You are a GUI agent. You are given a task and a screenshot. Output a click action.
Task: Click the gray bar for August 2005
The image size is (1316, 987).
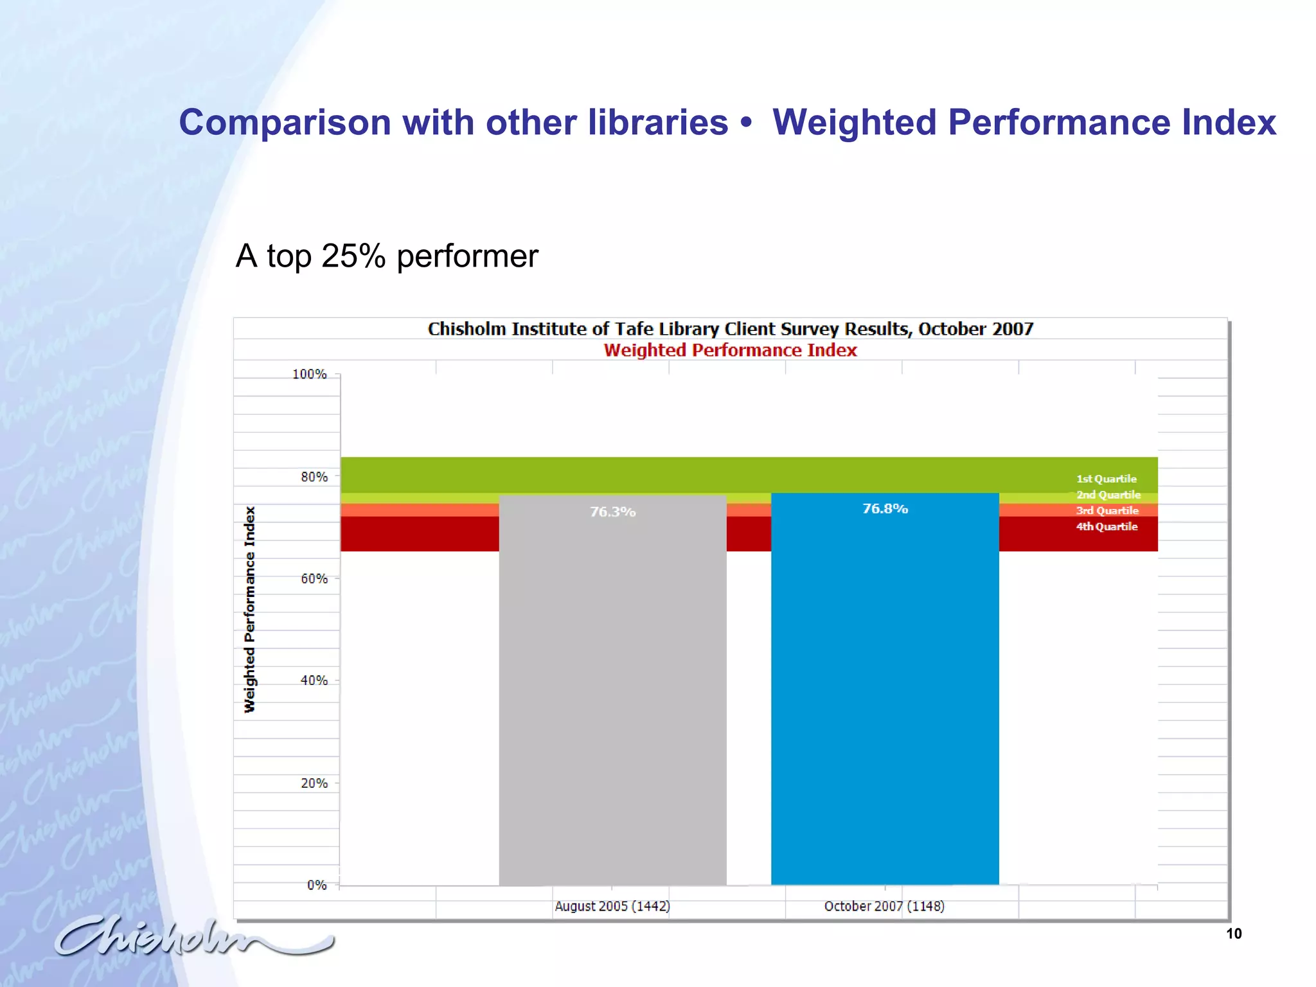612,694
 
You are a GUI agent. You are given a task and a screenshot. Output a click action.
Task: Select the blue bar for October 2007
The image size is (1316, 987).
885,694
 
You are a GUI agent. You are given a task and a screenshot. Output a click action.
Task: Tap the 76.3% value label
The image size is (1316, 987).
612,512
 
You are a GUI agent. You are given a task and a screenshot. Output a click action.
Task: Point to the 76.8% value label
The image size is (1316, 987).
885,509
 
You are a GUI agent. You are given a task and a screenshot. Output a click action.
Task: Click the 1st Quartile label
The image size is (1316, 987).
1106,479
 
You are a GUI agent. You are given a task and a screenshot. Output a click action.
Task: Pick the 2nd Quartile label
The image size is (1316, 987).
1108,495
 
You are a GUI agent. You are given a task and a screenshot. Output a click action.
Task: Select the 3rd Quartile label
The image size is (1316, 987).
1107,511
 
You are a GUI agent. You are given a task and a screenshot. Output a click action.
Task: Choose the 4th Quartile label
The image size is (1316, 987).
1106,527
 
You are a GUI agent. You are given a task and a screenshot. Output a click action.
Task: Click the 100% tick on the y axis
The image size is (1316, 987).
310,374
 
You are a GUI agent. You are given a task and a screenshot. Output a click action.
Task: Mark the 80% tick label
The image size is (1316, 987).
314,477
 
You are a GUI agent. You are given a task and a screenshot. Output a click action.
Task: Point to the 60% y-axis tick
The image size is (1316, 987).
314,579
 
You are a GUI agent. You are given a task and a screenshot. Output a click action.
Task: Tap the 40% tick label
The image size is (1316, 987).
314,680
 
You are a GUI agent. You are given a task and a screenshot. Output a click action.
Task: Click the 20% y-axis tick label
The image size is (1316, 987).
314,783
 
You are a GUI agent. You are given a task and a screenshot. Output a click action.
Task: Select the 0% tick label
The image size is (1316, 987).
317,885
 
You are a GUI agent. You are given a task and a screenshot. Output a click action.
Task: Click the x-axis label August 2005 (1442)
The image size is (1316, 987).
612,906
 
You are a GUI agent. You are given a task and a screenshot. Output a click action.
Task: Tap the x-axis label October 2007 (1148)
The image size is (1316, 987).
884,906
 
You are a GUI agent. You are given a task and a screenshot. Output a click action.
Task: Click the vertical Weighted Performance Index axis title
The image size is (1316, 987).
249,609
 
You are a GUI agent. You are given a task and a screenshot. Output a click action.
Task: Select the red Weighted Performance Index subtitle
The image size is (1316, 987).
730,350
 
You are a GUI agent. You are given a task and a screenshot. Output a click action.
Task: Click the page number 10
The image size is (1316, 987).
1234,934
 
